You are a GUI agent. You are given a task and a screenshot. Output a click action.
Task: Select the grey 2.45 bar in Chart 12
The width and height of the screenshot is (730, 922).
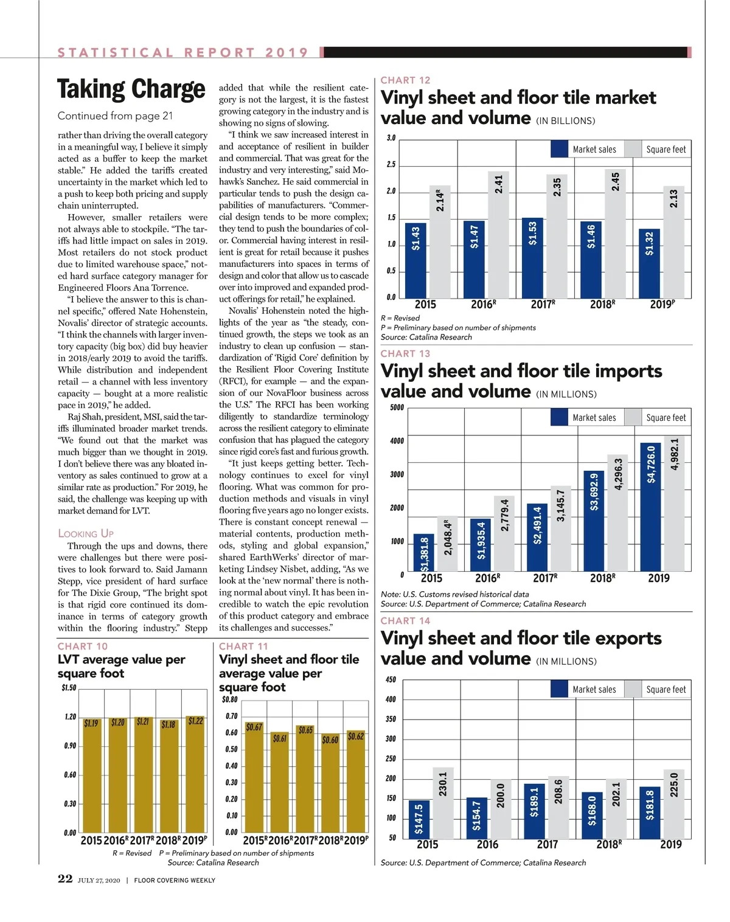point(615,234)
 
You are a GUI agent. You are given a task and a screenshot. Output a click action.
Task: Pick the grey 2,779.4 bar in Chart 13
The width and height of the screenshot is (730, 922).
point(504,533)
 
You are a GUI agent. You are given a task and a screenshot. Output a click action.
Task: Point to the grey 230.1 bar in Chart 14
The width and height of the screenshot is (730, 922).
point(443,803)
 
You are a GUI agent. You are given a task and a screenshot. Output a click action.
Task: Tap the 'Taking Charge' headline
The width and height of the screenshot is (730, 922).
point(131,89)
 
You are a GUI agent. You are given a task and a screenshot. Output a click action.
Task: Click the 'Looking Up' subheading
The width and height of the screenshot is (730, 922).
point(86,533)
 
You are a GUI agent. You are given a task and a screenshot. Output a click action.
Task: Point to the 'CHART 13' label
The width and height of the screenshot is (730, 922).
point(405,353)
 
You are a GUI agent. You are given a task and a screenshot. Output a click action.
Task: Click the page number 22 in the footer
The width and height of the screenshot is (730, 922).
point(65,879)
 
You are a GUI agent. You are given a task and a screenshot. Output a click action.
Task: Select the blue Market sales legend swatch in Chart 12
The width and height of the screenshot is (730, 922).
point(560,149)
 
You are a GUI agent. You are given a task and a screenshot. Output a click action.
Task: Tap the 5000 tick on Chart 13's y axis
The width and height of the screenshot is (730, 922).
point(397,407)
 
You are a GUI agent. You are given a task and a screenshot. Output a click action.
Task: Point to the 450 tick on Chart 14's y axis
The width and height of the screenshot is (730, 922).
point(391,679)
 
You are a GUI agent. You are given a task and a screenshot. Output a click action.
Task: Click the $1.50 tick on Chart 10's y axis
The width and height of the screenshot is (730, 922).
point(69,688)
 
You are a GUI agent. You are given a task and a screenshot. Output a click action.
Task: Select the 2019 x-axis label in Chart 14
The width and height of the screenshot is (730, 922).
point(671,844)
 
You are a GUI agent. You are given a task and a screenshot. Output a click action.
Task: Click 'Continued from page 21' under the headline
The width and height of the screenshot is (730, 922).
point(115,116)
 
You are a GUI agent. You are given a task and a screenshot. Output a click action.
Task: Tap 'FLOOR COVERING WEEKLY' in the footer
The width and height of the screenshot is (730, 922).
point(175,880)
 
